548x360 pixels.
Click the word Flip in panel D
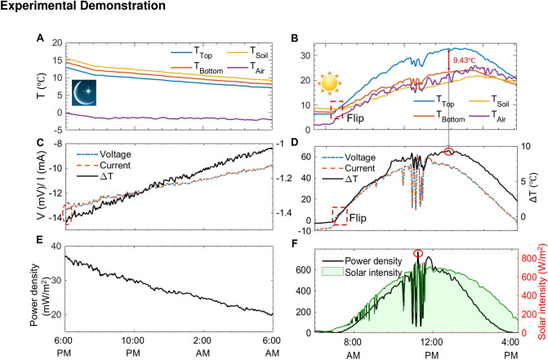(x=363, y=220)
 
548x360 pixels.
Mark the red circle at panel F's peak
(x=419, y=254)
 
